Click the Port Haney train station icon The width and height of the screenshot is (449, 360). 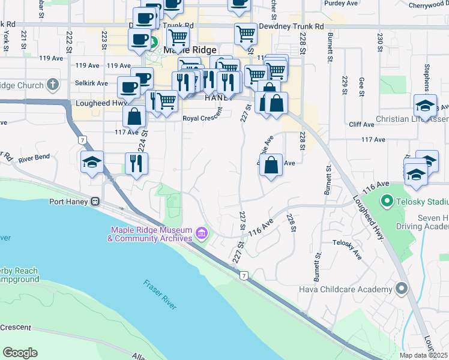point(95,202)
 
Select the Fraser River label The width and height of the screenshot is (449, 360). point(160,294)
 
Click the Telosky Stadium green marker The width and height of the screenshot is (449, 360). point(386,201)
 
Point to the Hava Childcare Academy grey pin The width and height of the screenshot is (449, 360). point(402,289)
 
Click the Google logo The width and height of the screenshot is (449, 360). point(20,352)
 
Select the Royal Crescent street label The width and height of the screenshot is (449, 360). point(202,118)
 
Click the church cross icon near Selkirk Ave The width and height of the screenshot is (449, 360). point(53,85)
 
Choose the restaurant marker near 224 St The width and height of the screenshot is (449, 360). point(136,163)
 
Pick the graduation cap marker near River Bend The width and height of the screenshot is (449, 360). point(92,162)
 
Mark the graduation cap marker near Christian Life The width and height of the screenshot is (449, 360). point(425,106)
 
